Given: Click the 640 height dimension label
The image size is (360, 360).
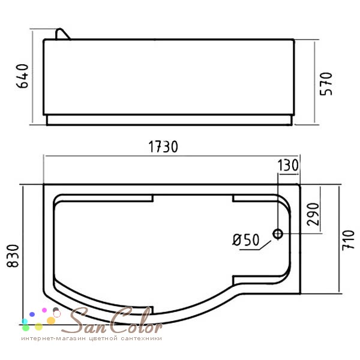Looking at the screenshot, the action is [22, 76].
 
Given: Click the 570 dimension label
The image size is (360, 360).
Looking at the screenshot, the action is [326, 84].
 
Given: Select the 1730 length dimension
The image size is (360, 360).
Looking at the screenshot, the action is [163, 147].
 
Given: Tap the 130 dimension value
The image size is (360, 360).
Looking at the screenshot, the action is [288, 166].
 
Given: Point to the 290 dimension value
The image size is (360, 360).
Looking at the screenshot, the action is [314, 214].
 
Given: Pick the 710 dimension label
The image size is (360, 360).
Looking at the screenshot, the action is [348, 241].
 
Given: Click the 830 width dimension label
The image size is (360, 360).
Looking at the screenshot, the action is [13, 256].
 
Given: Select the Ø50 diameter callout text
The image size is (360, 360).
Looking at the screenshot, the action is [245, 240].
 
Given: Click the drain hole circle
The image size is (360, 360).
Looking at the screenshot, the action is [278, 234].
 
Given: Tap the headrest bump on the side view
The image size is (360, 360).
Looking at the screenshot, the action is [62, 34].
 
